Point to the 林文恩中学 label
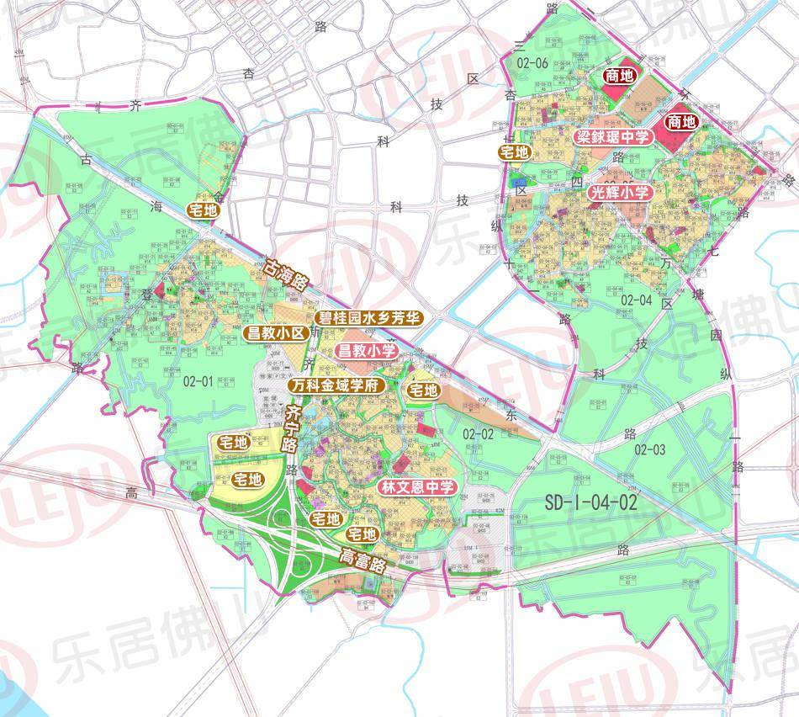click(417, 487)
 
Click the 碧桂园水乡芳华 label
click(369, 317)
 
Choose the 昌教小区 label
click(273, 333)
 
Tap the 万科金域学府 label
click(336, 385)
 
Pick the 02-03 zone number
click(651, 450)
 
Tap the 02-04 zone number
click(637, 299)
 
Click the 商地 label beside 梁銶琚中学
click(680, 122)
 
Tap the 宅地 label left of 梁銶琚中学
click(515, 152)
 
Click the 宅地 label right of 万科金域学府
click(422, 390)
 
